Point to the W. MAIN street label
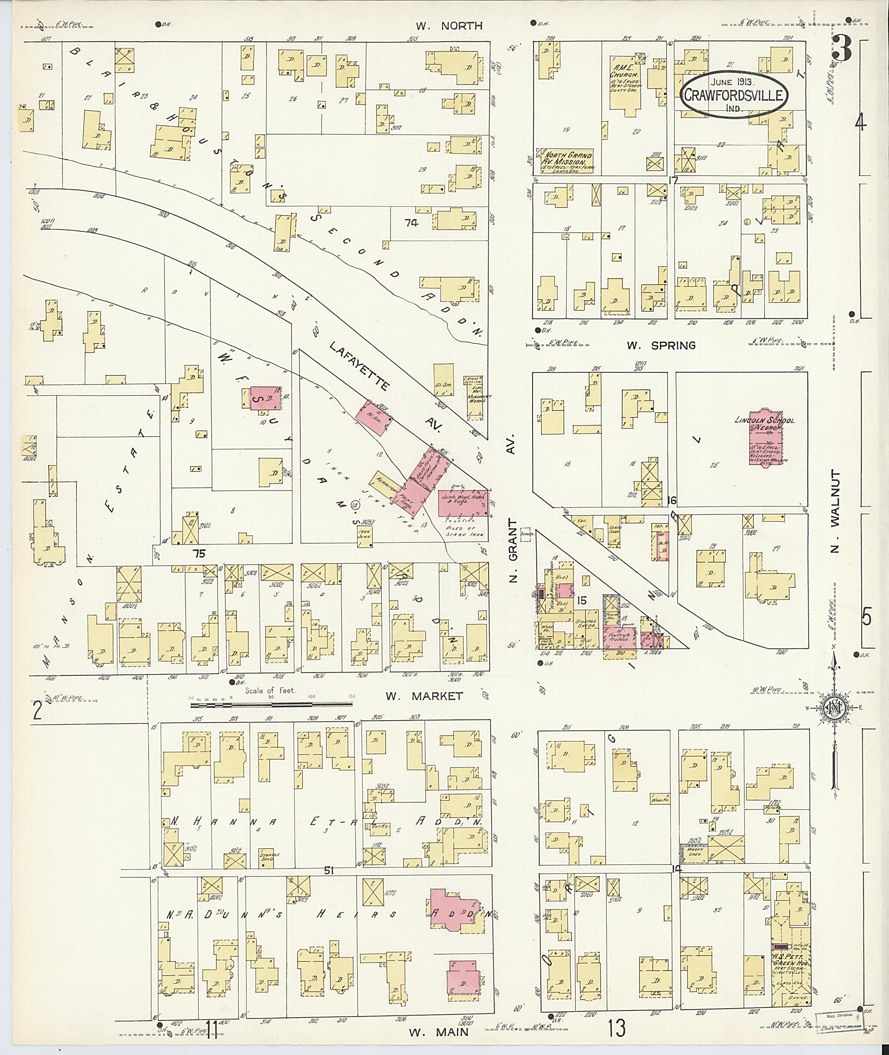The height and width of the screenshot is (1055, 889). tap(438, 1033)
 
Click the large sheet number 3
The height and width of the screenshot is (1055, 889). tap(842, 49)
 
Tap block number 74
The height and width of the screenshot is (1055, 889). tap(411, 222)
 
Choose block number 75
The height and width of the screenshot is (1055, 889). tap(200, 553)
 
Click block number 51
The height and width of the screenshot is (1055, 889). tap(329, 871)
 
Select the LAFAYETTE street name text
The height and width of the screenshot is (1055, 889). tap(360, 364)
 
